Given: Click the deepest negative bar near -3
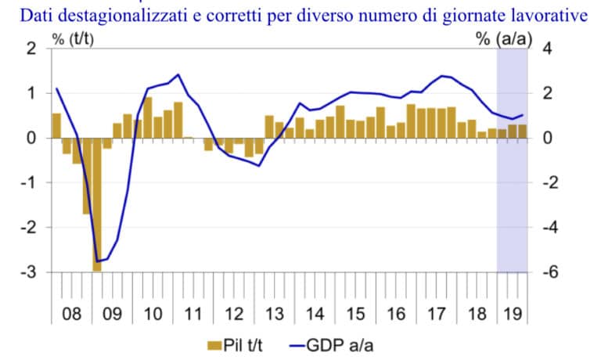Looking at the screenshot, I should [x=97, y=205].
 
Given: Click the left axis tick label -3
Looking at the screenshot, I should [x=30, y=272].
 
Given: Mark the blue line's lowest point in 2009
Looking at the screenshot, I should [x=97, y=261].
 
